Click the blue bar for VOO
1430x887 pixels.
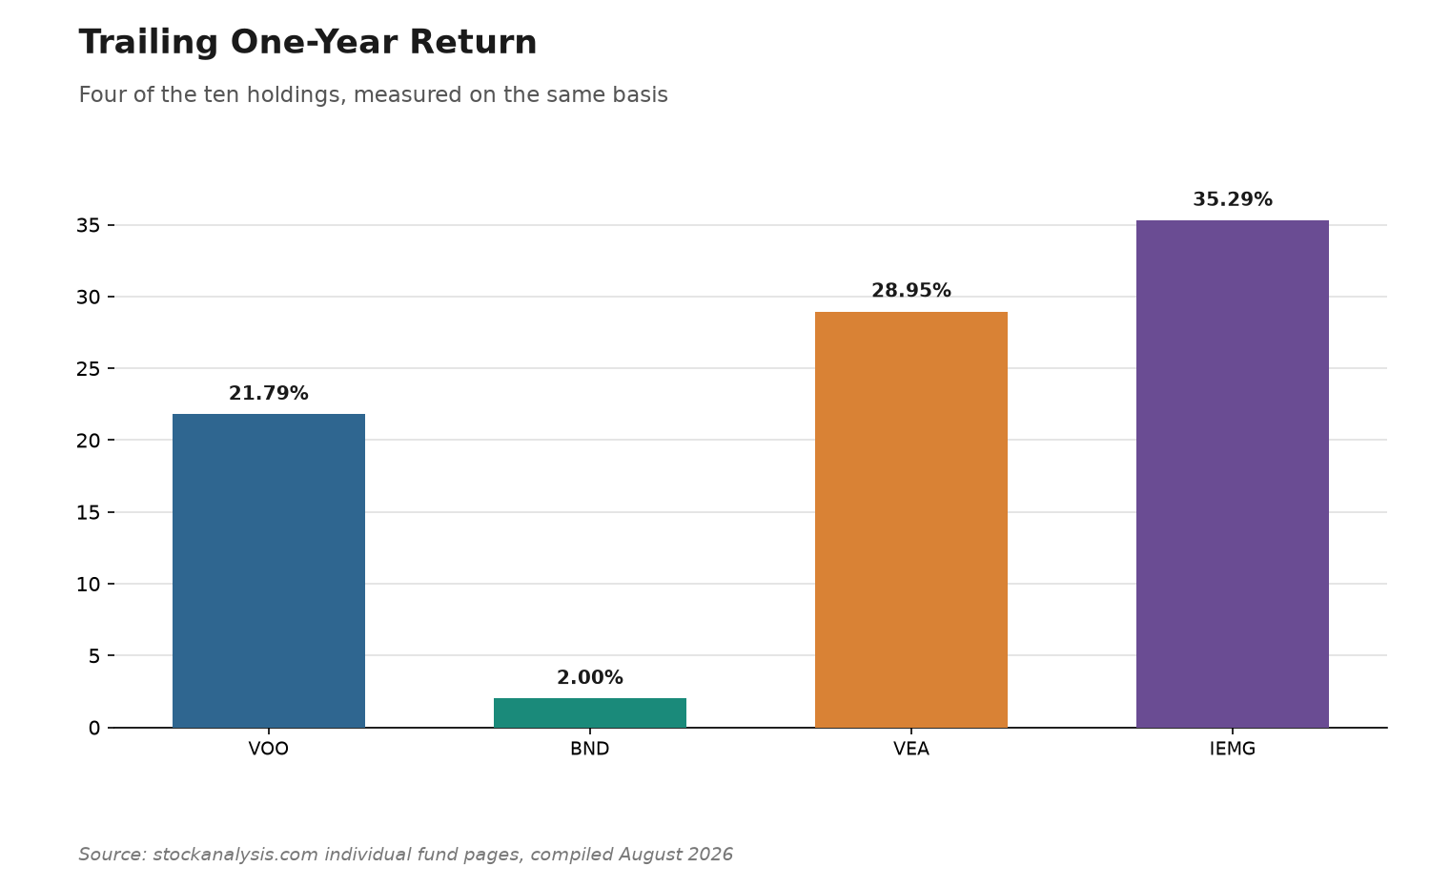tap(269, 571)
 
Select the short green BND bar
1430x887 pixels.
tap(590, 713)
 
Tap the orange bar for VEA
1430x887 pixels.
tap(911, 520)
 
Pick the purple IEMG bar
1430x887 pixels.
tap(1232, 474)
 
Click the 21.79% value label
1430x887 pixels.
tap(269, 393)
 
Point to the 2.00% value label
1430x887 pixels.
tap(590, 677)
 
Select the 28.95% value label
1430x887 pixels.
tap(911, 291)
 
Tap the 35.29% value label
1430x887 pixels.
tap(1232, 200)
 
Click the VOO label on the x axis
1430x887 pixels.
tap(269, 749)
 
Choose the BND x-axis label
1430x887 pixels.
tap(590, 749)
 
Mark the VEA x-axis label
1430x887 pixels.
tap(911, 749)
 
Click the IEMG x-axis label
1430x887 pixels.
tap(1232, 749)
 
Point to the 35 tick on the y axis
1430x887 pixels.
tap(88, 225)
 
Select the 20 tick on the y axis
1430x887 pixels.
tap(88, 441)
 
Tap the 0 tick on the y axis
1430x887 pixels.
tap(94, 728)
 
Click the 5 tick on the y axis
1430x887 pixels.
tap(94, 656)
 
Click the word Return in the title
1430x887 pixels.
tap(473, 43)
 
